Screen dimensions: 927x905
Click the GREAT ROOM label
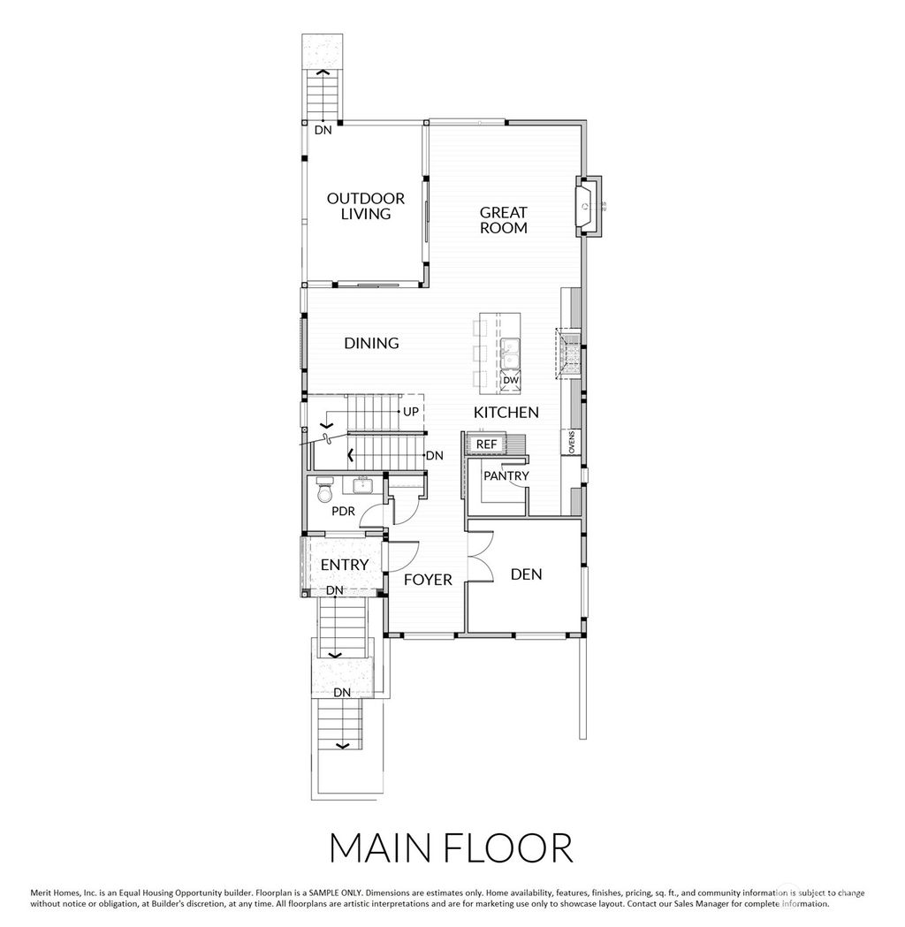pos(503,220)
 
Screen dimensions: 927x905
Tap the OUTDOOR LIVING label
pos(366,207)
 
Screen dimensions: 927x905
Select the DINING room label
pos(371,343)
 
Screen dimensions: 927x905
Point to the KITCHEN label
pos(506,412)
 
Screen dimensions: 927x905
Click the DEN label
pos(526,574)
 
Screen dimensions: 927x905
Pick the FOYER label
pos(428,580)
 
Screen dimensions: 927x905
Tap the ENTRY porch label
pos(344,565)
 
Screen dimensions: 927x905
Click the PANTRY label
pos(506,475)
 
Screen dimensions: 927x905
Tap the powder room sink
pos(362,484)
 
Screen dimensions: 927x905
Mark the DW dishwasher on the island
pos(511,381)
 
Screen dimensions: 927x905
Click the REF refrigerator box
pos(486,444)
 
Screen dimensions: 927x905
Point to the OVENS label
pos(572,442)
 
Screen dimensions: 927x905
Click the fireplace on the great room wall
pos(588,207)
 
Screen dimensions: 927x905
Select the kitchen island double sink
pos(510,353)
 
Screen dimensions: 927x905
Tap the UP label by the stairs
pos(411,412)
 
